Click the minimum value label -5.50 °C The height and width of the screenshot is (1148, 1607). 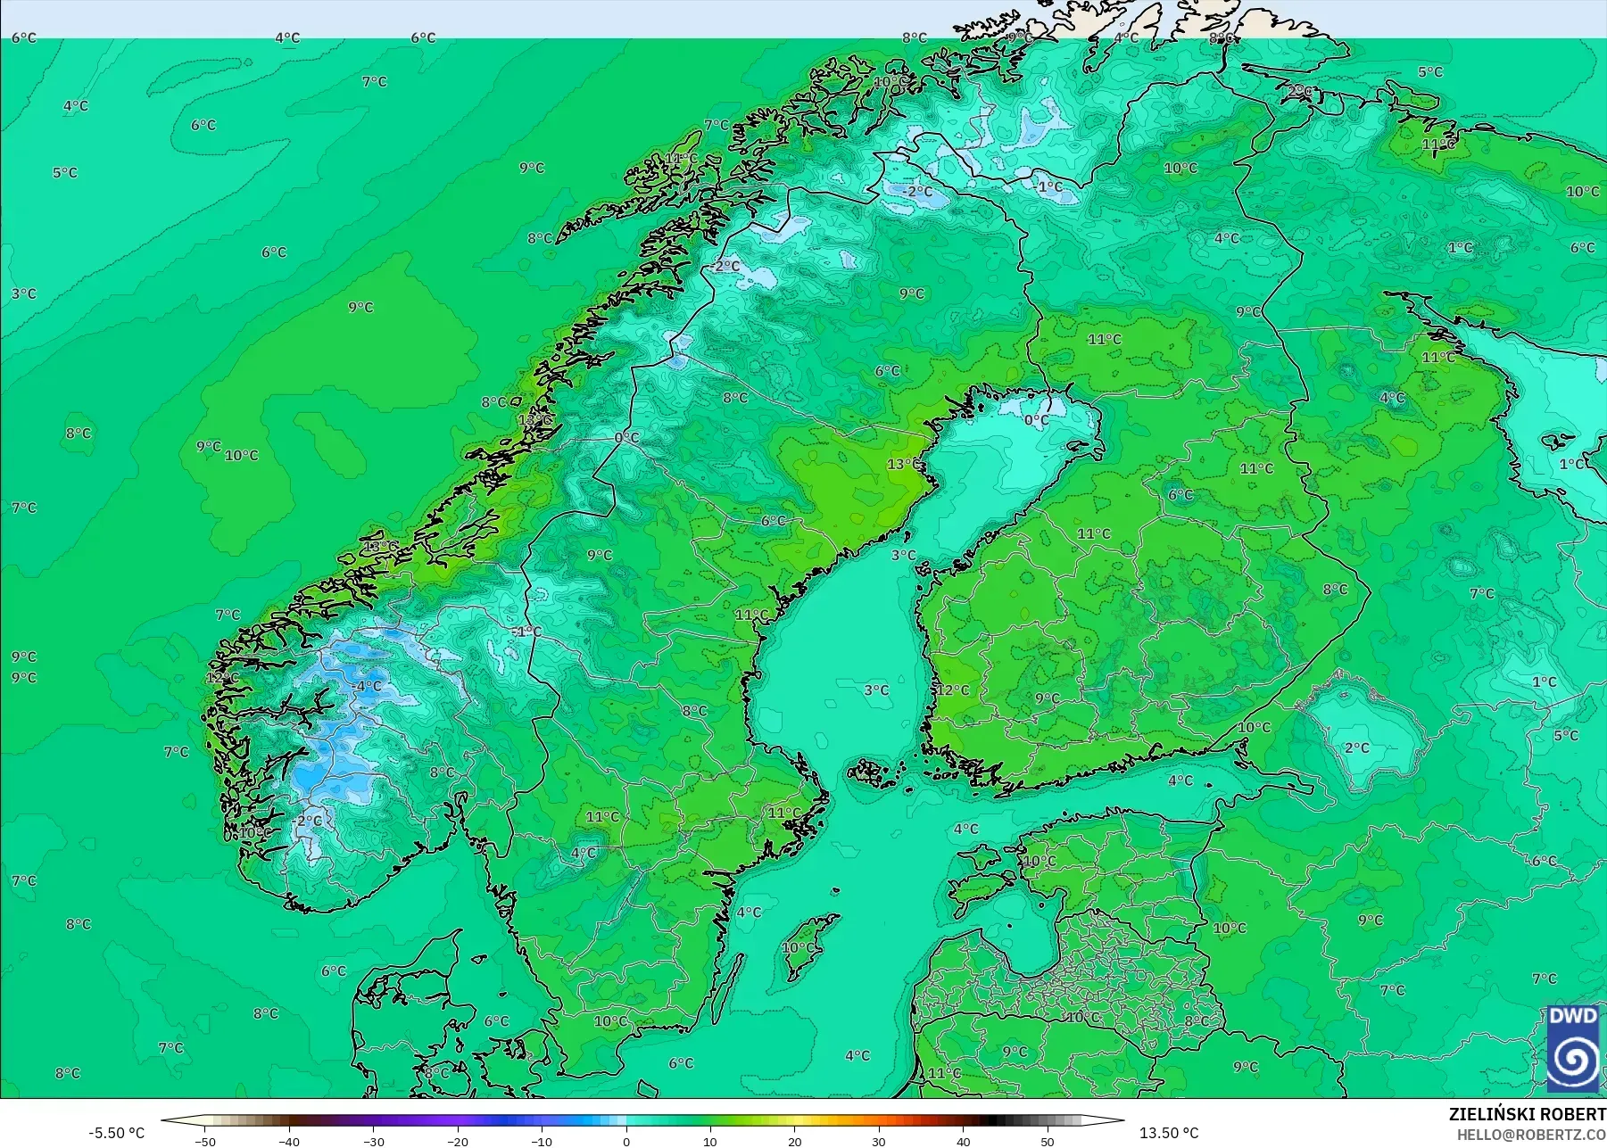click(x=116, y=1133)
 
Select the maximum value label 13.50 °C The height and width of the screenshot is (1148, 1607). click(x=1169, y=1133)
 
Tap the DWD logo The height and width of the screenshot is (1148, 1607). click(x=1573, y=1049)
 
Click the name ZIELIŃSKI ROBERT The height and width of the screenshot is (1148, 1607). click(x=1527, y=1114)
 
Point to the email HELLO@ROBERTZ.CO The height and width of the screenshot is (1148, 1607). click(x=1531, y=1135)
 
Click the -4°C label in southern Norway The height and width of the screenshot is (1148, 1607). click(x=368, y=686)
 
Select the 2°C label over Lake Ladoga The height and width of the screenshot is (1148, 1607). click(x=1356, y=747)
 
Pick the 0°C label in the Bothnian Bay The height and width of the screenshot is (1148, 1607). click(x=1036, y=419)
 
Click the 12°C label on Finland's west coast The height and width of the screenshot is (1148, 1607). click(x=952, y=690)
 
